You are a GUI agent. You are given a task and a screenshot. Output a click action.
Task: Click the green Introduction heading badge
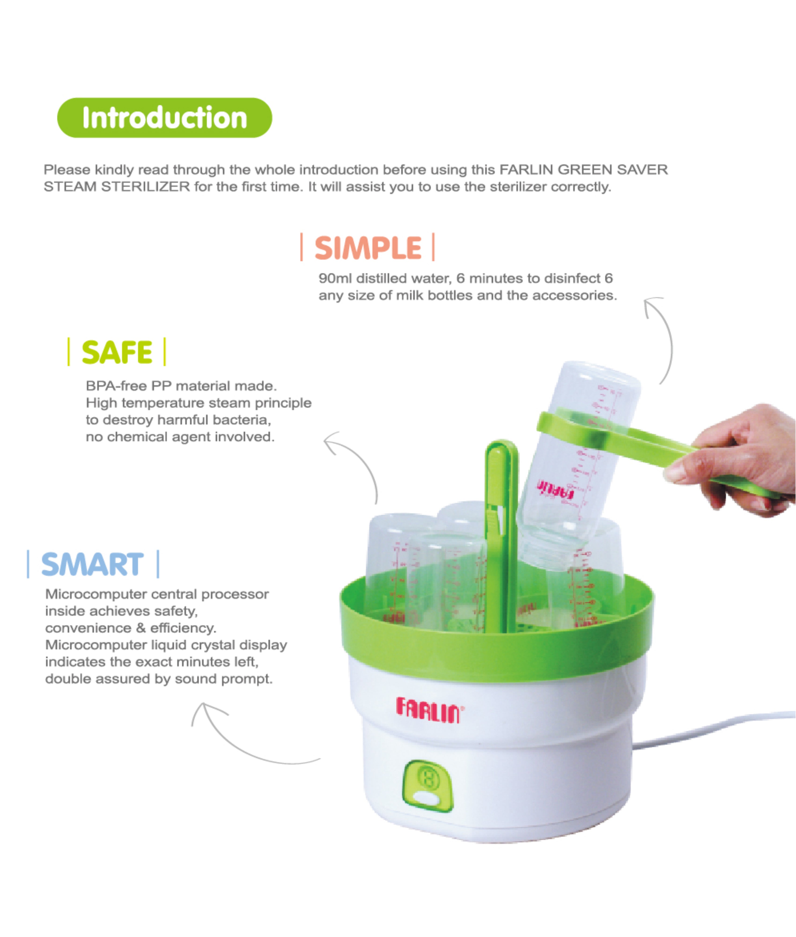(x=165, y=118)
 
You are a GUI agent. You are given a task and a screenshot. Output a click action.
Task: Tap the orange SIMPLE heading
(x=368, y=248)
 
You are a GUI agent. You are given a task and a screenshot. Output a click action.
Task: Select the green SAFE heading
(x=117, y=352)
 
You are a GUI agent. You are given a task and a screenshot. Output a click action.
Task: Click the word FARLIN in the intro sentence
(x=526, y=170)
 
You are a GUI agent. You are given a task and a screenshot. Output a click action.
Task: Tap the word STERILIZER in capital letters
(x=145, y=186)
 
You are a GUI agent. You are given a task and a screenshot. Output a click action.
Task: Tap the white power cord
(x=713, y=728)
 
